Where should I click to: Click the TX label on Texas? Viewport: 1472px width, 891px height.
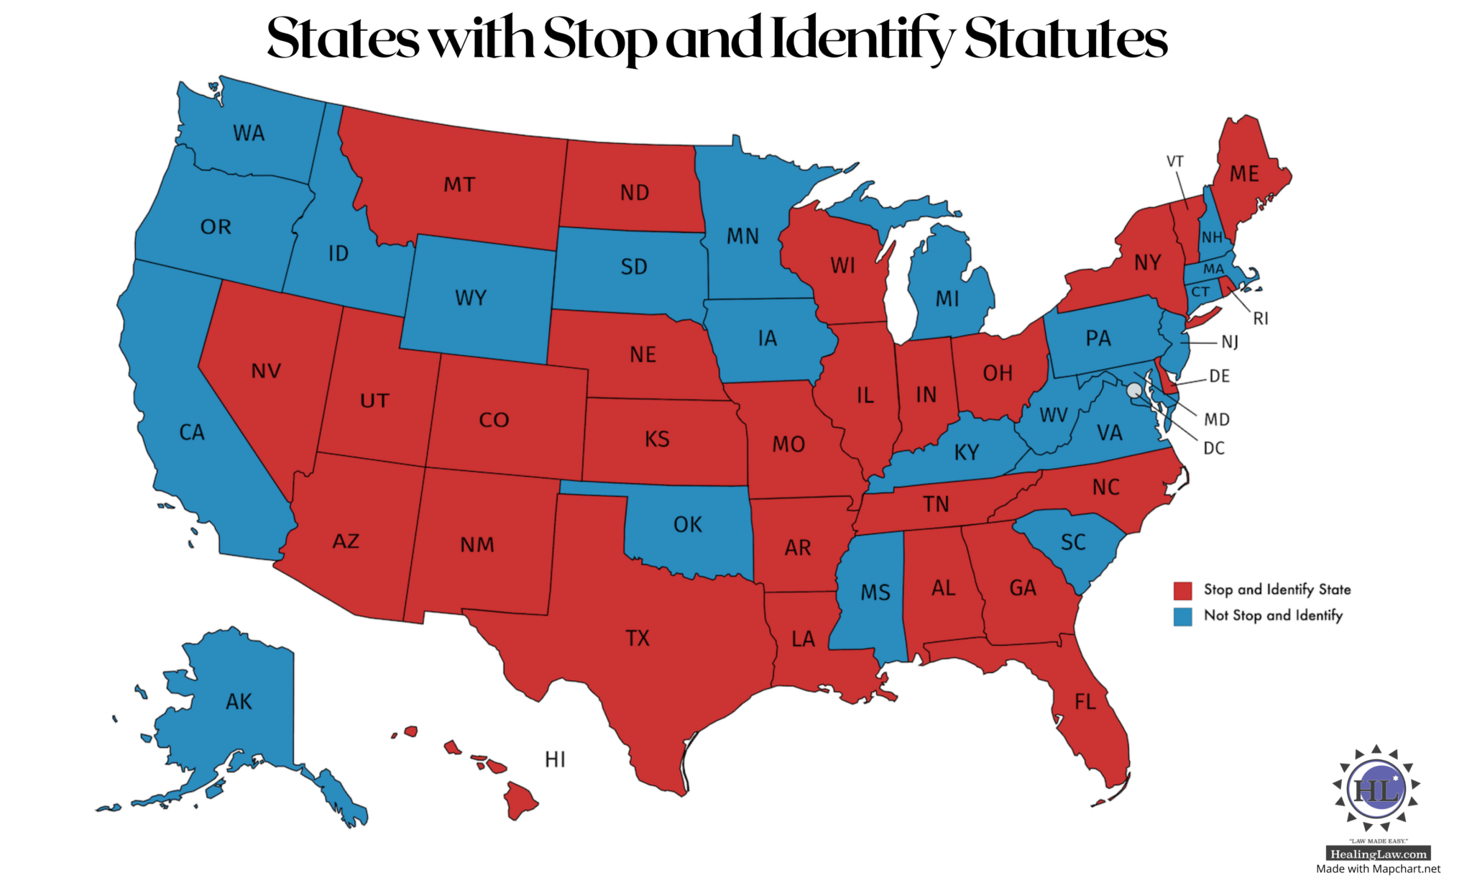tap(638, 638)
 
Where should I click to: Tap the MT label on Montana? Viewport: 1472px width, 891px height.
tap(459, 185)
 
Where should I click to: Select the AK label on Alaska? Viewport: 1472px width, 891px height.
tap(239, 701)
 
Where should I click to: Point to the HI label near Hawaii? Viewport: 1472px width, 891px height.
tap(555, 759)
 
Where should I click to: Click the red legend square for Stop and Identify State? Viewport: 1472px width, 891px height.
tap(1182, 590)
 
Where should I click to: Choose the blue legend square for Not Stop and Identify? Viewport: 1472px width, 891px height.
tap(1182, 616)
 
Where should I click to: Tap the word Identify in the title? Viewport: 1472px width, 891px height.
tap(861, 40)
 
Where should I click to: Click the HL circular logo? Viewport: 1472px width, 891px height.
tap(1376, 790)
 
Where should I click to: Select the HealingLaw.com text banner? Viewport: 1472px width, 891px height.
tap(1378, 854)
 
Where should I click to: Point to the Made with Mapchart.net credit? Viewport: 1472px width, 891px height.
tap(1378, 869)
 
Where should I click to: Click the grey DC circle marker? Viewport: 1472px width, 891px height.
tap(1134, 390)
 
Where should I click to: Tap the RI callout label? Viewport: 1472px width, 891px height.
tap(1261, 319)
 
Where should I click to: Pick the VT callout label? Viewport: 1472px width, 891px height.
tap(1174, 161)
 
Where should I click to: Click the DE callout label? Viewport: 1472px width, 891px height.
tap(1220, 376)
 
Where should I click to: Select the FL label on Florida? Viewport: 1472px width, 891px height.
tap(1085, 701)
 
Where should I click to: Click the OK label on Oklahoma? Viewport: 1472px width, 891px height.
tap(688, 524)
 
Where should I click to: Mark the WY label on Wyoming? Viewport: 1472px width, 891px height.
tap(471, 298)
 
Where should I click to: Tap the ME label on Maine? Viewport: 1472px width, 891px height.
tap(1244, 174)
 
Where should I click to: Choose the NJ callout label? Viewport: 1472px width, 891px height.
tap(1230, 342)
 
